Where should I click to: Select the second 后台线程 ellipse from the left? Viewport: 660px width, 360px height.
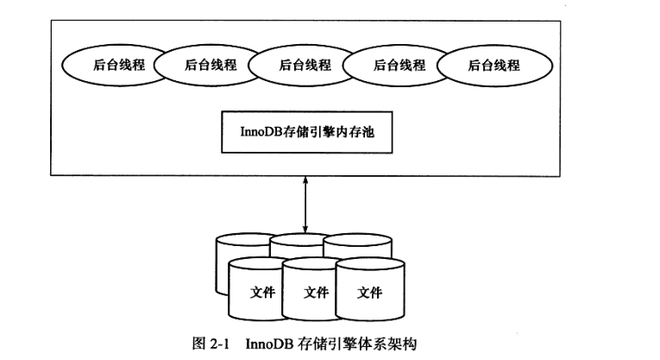(x=204, y=65)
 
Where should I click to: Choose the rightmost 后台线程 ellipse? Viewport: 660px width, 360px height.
(x=493, y=65)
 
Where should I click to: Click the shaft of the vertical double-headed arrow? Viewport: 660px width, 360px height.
(x=304, y=203)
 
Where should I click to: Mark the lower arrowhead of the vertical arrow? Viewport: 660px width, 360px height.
(x=304, y=228)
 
